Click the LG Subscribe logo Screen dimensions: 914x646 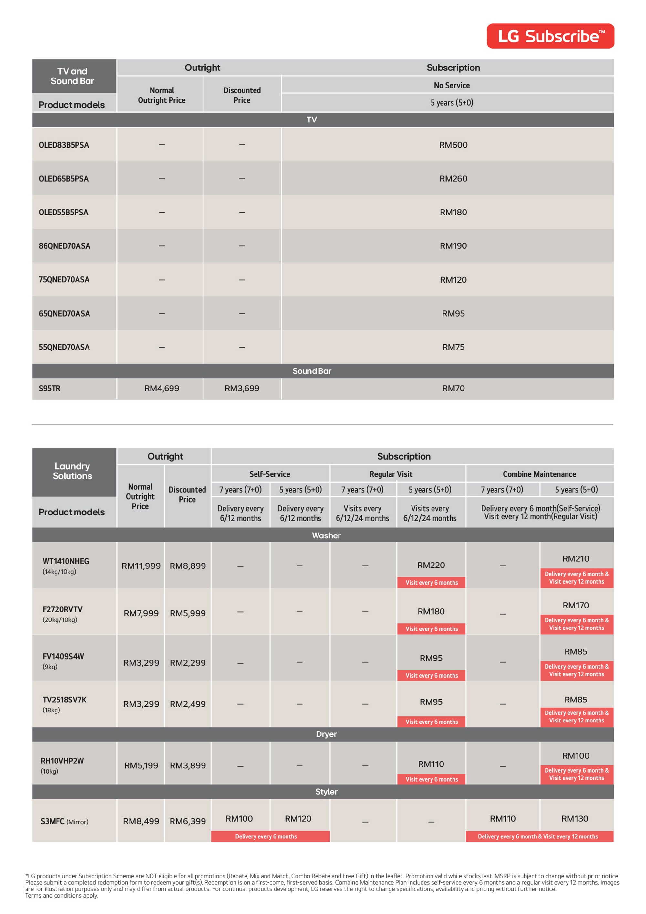point(550,36)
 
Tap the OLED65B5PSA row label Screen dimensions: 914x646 point(64,179)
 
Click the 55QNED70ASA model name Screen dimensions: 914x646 point(64,347)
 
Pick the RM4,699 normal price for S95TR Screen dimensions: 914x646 point(161,388)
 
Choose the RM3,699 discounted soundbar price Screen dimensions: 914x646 point(242,388)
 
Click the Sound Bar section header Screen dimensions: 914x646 point(312,371)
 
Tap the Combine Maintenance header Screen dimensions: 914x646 point(539,474)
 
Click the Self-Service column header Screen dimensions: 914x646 point(269,474)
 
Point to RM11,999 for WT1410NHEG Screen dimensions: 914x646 point(141,566)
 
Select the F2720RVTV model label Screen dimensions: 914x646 point(62,609)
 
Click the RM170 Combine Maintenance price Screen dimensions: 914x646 point(576,605)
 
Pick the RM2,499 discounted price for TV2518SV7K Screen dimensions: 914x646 point(187,704)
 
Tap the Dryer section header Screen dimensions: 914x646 point(326,734)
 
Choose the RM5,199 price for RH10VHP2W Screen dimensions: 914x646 point(141,765)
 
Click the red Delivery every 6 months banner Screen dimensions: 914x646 point(266,836)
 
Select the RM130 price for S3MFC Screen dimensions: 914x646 point(574,818)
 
